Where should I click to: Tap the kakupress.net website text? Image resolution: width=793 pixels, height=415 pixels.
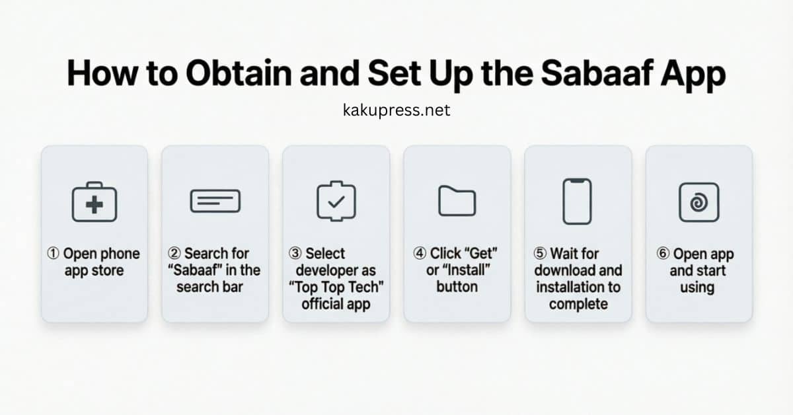397,110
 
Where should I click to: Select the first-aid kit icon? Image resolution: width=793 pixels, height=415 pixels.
94,202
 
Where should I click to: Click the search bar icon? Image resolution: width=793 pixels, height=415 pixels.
215,201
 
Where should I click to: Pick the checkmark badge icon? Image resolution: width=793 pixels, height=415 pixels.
336,201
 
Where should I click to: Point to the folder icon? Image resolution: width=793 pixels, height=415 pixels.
457,201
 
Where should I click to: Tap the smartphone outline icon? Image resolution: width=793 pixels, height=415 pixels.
578,201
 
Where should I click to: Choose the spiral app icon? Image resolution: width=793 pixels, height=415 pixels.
699,202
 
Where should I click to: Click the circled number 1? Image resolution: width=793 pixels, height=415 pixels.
54,254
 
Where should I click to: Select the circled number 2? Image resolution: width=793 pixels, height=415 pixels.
174,254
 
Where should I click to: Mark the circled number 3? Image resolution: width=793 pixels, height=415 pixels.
295,254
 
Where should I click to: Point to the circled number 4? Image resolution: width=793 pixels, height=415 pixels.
420,254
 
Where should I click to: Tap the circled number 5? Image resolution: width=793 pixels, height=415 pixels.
541,254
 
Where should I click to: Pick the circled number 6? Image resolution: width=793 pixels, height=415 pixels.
663,254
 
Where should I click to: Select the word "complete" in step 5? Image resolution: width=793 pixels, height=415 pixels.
578,304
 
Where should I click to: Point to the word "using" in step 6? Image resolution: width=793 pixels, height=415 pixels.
697,287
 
